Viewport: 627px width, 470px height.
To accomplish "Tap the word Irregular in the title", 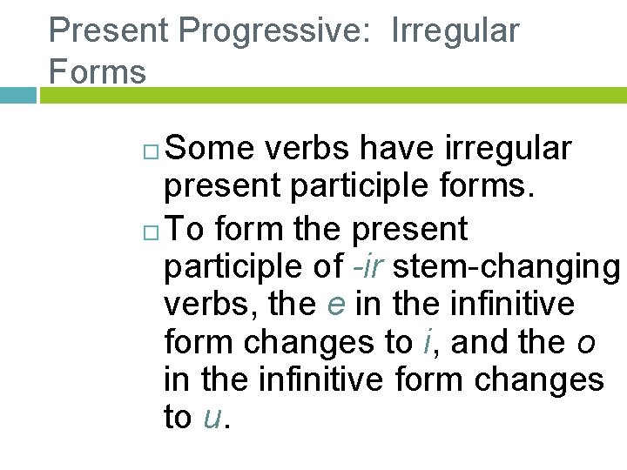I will (x=455, y=30).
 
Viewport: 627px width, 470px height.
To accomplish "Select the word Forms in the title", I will (x=98, y=70).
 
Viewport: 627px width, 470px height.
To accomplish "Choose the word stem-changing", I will (x=506, y=267).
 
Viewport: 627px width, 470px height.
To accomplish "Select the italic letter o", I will (x=586, y=343).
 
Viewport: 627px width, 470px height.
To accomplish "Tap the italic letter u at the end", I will (x=212, y=419).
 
